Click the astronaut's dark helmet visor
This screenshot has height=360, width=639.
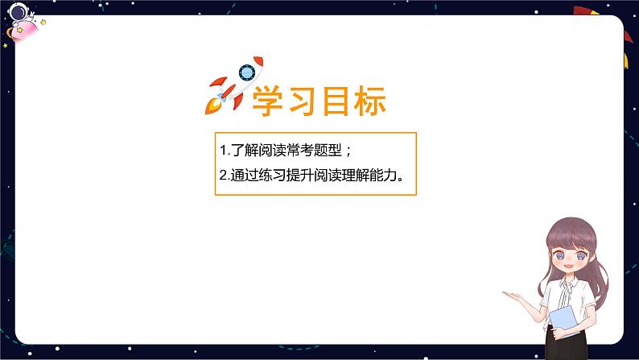[17, 11]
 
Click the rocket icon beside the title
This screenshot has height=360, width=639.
[234, 84]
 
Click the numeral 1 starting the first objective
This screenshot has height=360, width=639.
[222, 150]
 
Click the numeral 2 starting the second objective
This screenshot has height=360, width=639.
[222, 176]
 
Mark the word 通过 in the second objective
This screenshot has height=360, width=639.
[244, 176]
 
